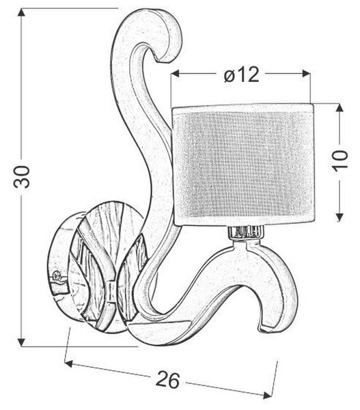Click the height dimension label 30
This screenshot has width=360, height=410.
[22, 177]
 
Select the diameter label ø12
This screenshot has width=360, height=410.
[242, 74]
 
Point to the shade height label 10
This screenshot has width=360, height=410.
[340, 159]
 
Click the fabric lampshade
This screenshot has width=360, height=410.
[243, 164]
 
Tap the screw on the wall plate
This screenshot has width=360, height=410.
[57, 275]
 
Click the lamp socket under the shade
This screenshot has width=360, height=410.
[245, 232]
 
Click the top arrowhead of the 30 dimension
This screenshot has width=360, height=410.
[21, 12]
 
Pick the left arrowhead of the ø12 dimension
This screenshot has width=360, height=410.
[175, 74]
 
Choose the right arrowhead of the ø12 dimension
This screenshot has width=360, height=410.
[306, 74]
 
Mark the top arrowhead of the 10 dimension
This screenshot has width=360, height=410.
[340, 108]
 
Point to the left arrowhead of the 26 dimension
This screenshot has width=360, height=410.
[68, 364]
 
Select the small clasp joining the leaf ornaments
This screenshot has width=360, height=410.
[111, 290]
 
